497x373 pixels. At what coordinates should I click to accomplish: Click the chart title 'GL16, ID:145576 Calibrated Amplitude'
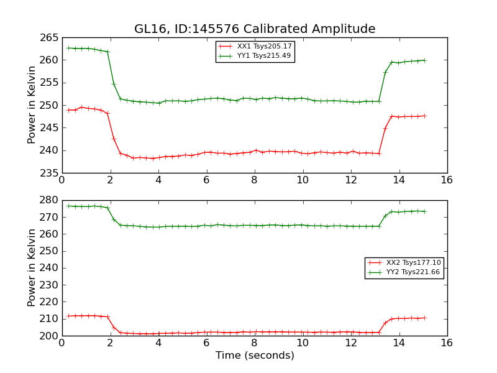(x=255, y=29)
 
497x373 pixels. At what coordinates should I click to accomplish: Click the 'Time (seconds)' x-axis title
(x=255, y=356)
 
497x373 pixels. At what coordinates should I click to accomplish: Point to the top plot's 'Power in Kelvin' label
(x=32, y=105)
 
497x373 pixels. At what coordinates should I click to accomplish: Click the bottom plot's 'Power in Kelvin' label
(x=32, y=268)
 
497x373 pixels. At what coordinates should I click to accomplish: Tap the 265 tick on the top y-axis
(x=50, y=37)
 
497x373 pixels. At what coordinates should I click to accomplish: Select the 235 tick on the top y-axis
(x=50, y=173)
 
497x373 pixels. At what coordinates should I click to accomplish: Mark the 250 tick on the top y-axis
(x=50, y=105)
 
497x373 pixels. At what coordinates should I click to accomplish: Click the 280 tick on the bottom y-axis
(x=50, y=200)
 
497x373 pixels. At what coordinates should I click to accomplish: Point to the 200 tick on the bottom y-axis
(x=50, y=336)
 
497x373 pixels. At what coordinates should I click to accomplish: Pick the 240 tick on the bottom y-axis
(x=50, y=268)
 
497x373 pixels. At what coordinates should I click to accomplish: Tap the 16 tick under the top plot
(x=447, y=180)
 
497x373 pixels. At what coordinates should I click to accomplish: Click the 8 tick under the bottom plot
(x=254, y=343)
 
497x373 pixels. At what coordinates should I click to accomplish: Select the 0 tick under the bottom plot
(x=62, y=343)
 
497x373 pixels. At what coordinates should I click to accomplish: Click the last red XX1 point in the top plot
(x=425, y=116)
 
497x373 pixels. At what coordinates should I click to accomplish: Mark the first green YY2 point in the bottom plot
(x=68, y=206)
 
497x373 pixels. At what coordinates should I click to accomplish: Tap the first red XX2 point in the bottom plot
(x=68, y=316)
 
